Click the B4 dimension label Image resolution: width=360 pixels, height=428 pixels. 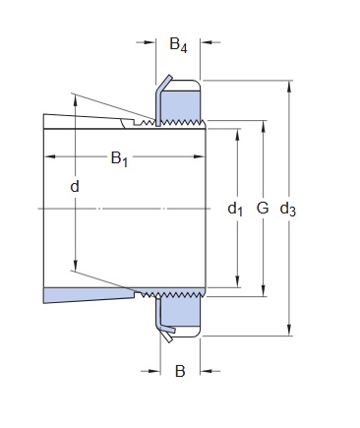coord(178,45)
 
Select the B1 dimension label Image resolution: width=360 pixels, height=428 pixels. coord(119,158)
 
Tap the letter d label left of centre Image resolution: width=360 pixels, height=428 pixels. coord(75,186)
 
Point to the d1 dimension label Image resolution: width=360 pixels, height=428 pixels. coord(235,209)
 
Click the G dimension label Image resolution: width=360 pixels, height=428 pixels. coord(263,208)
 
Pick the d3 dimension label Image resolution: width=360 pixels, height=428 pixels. coord(288,209)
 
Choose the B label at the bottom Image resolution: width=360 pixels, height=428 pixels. coord(180,371)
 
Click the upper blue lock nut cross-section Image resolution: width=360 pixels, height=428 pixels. coord(181,105)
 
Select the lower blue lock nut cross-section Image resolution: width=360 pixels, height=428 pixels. coord(181,312)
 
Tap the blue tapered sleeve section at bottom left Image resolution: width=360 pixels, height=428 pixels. coord(89,294)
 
